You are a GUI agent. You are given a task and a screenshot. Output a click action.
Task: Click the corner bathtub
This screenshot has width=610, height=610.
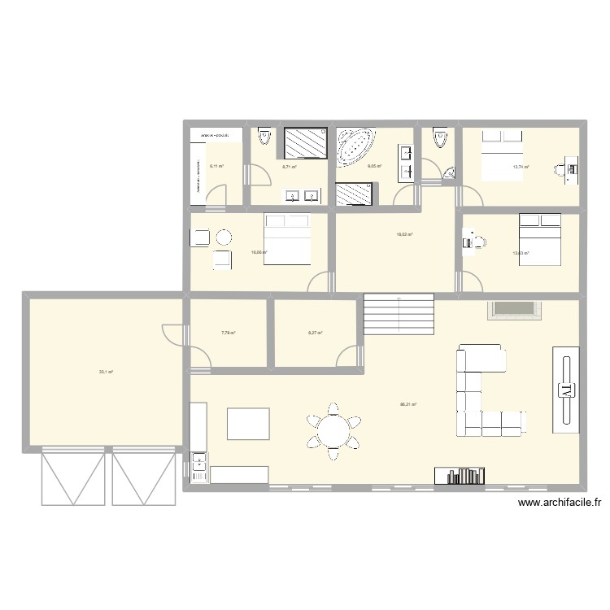point(357,145)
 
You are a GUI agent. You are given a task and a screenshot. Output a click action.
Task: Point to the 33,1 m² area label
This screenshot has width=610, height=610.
point(106,372)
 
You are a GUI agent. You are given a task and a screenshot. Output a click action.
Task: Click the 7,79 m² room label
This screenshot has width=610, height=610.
point(228,333)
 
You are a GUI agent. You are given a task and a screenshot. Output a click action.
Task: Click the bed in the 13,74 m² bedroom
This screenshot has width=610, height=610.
point(500,155)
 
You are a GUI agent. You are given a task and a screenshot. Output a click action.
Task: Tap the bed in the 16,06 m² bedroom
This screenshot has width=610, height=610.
point(287,237)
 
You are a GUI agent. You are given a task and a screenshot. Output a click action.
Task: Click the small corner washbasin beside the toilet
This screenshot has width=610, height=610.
point(449,173)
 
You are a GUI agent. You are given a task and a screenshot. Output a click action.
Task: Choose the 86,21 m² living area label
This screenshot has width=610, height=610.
point(407,403)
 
